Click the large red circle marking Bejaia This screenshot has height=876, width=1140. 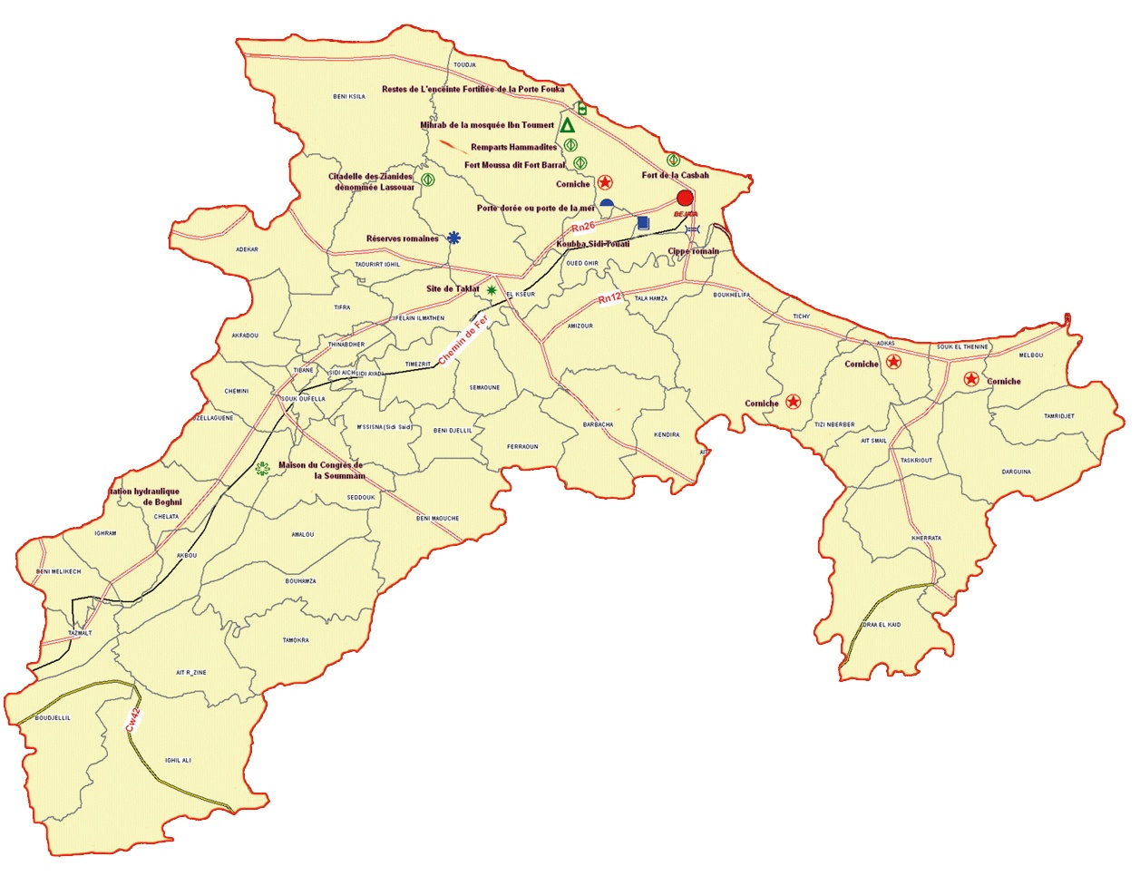point(685,198)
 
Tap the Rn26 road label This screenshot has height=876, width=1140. point(583,227)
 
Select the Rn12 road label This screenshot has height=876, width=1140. point(610,298)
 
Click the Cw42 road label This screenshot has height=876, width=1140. point(133,720)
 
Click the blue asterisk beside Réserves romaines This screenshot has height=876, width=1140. point(453,238)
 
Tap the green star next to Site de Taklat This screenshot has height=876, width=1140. point(492,290)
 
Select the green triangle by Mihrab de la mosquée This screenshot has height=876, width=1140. point(567,125)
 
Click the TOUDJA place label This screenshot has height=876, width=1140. point(464,65)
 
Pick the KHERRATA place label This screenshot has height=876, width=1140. point(926,538)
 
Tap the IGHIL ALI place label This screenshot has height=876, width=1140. point(178,761)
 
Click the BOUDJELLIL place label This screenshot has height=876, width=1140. point(53,718)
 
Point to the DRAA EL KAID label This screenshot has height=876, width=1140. point(882,625)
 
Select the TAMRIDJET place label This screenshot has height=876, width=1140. point(1058,416)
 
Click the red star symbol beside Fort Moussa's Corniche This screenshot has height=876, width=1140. point(606,183)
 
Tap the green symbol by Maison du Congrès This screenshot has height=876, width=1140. point(262,468)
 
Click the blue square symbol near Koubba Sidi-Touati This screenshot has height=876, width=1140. point(643,222)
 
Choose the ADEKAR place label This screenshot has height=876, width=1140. point(247,249)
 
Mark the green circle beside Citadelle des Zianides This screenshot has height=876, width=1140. point(428,180)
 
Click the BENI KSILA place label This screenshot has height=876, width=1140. point(349,96)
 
